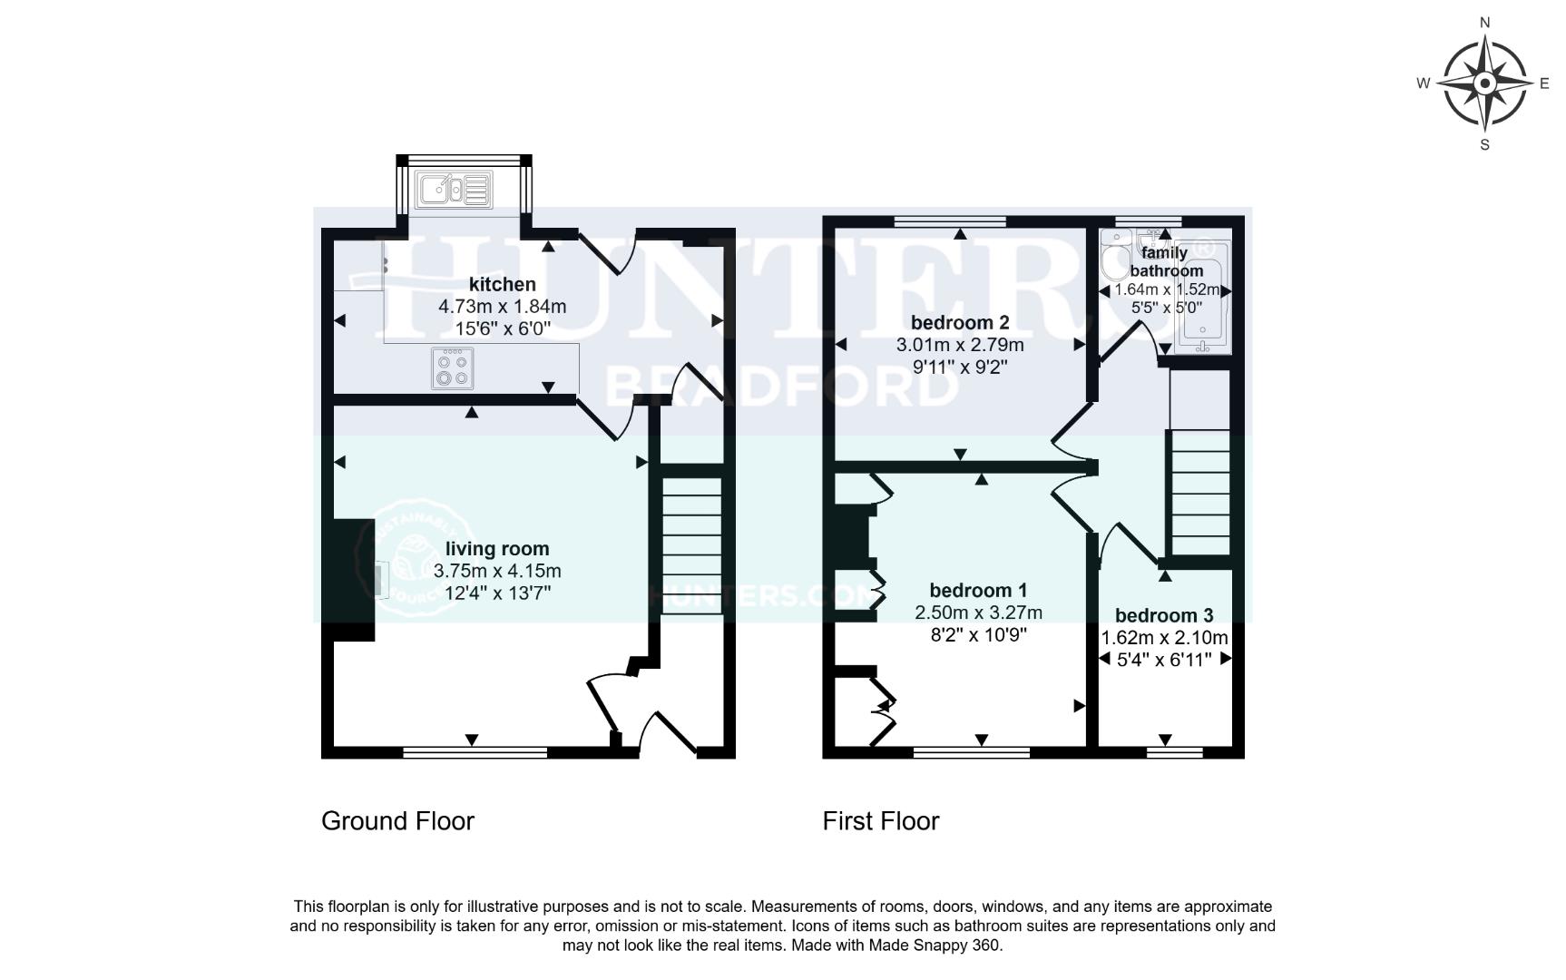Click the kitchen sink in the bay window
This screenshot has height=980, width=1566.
pos(452,191)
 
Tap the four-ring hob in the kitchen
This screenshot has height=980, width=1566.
pos(452,368)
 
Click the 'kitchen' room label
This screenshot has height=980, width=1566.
pos(502,284)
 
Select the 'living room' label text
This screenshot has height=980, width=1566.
pos(497,549)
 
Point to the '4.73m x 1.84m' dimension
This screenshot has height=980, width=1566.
pos(502,307)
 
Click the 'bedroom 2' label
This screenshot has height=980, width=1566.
pos(960,322)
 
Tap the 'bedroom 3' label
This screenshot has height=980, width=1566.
pos(1163,615)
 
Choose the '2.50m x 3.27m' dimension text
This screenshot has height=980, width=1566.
pos(978,612)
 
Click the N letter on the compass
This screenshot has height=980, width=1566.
pos(1485,23)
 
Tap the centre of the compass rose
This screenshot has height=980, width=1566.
pos(1485,83)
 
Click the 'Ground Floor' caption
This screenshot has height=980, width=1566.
pos(397,821)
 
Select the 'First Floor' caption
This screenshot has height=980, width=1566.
pos(880,821)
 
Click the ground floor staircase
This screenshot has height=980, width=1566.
pos(692,544)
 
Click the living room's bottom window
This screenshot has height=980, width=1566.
pos(475,752)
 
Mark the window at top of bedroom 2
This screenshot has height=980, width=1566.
pos(950,220)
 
